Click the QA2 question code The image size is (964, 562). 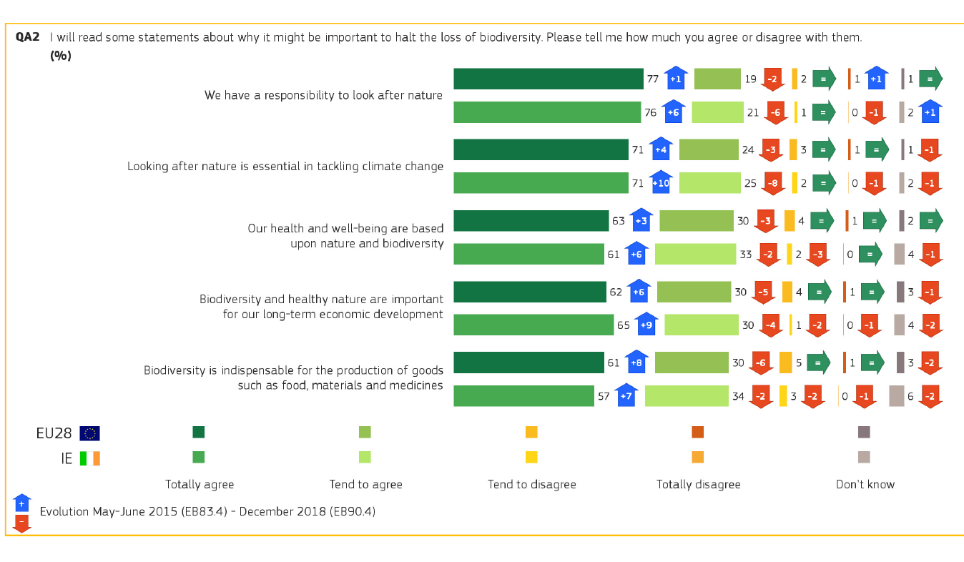pyautogui.click(x=27, y=37)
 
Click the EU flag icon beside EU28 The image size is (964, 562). pyautogui.click(x=89, y=433)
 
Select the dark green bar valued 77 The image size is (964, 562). pyautogui.click(x=549, y=79)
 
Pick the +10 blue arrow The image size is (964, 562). pyautogui.click(x=661, y=183)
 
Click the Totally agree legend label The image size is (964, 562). pyautogui.click(x=200, y=485)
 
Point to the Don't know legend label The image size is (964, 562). pyautogui.click(x=865, y=485)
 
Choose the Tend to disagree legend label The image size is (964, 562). pyautogui.click(x=531, y=485)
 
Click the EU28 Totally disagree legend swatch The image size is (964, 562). pyautogui.click(x=698, y=432)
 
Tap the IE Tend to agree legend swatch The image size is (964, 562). pyautogui.click(x=365, y=457)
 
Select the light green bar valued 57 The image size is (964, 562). pyautogui.click(x=523, y=396)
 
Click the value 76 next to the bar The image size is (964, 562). pyautogui.click(x=650, y=112)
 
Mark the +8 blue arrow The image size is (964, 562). pyautogui.click(x=636, y=363)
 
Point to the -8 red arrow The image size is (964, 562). pyautogui.click(x=773, y=183)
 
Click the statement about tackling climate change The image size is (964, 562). pyautogui.click(x=285, y=167)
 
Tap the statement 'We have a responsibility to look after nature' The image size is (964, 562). pyautogui.click(x=323, y=95)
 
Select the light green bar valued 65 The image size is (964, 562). pyautogui.click(x=533, y=325)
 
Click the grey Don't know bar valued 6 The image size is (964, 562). pyautogui.click(x=897, y=396)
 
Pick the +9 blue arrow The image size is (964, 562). pyautogui.click(x=646, y=325)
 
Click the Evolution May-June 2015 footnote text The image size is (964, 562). pyautogui.click(x=207, y=512)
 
